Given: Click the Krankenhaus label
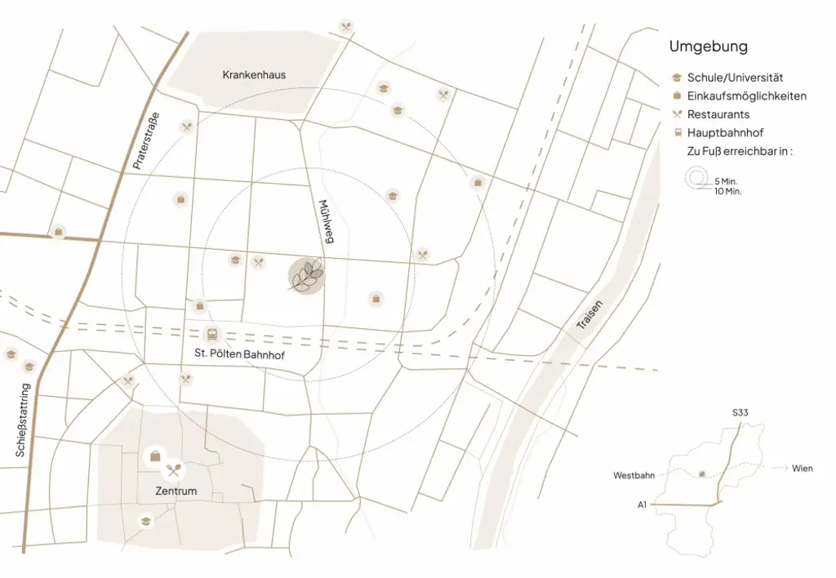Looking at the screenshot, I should pos(254,75).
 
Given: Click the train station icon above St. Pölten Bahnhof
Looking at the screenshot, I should pos(212,334).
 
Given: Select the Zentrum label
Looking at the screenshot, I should pos(176,491).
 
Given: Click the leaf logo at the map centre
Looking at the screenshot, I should pos(307,276).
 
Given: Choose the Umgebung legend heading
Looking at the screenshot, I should pos(708,47).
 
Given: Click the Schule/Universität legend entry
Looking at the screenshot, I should pos(735,78).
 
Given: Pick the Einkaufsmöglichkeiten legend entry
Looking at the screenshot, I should pos(746,96).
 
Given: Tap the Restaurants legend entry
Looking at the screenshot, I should pos(718,114).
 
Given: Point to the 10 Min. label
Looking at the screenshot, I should pos(727,191).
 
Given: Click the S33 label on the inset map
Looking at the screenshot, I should pos(740,413).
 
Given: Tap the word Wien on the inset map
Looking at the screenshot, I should pos(802,469).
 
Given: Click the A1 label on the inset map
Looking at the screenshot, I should pos(643,505).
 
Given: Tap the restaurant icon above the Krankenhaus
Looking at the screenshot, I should pos(346,26).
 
